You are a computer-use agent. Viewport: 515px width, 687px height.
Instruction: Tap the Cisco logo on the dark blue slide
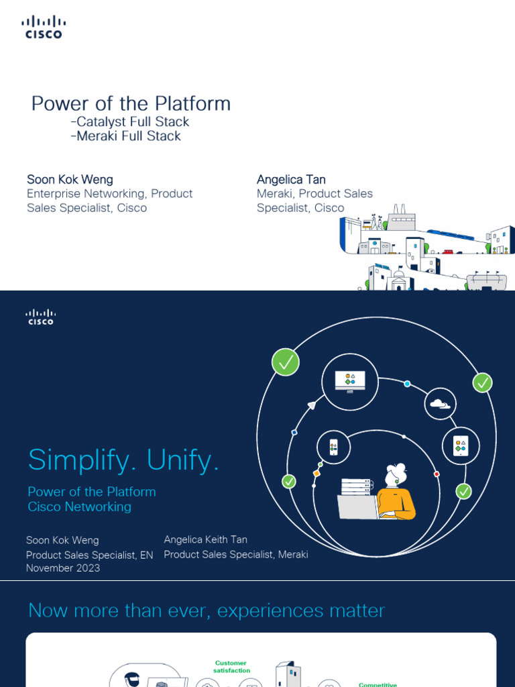40,317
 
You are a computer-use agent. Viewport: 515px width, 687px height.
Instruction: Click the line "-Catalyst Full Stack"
129,121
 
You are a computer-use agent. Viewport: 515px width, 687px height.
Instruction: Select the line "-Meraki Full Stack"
125,136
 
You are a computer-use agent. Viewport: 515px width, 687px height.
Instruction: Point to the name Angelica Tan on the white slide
291,179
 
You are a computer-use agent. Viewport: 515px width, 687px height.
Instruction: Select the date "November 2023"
63,568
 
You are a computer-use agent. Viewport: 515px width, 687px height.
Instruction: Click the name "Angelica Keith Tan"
205,539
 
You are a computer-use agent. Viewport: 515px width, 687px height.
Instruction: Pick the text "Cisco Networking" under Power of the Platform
79,507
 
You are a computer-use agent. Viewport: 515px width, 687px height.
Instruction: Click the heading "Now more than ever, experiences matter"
207,611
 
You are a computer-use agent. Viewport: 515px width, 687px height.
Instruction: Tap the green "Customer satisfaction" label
231,666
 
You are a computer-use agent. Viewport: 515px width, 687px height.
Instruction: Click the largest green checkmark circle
285,362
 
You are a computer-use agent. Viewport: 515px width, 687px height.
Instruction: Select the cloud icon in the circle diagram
440,404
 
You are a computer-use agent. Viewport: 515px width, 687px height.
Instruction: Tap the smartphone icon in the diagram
333,447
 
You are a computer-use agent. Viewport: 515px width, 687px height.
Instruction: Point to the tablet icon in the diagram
459,445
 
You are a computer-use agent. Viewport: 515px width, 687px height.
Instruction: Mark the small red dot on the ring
437,474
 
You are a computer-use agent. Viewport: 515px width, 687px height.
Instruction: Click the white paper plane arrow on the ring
311,405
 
